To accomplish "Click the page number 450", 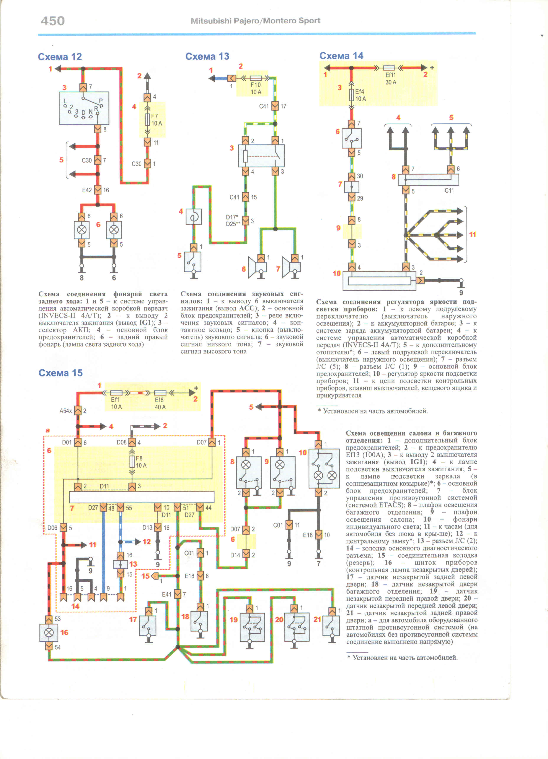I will [x=53, y=21].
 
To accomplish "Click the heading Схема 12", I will [x=60, y=57].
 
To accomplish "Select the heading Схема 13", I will [x=207, y=56].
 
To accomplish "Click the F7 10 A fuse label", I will [x=156, y=120].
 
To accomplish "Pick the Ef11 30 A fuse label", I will [x=391, y=79].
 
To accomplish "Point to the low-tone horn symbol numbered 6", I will [x=258, y=267].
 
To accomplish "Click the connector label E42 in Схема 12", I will [x=87, y=190].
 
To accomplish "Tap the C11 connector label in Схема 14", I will [x=449, y=190].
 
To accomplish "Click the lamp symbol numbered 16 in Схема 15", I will [x=49, y=632].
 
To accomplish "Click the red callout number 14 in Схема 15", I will [x=75, y=606].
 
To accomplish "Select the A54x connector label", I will [x=65, y=411].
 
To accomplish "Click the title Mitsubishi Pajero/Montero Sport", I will [x=255, y=21].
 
